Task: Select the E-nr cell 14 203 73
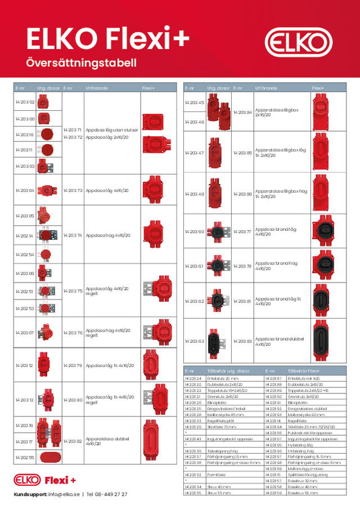73,190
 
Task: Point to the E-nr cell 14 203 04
25,190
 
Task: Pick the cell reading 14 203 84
242,112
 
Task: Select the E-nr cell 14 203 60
194,231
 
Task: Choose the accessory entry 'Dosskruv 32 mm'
299,480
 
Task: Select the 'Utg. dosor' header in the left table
46,88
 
